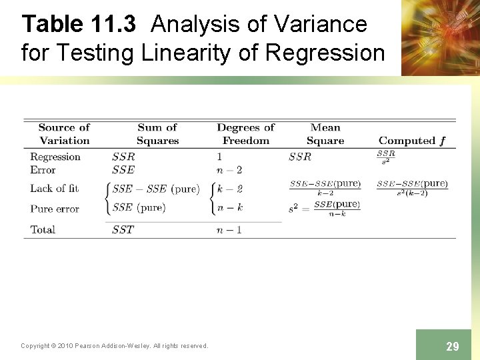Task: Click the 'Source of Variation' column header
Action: [64, 134]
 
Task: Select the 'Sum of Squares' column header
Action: [157, 134]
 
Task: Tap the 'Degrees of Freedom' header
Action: [245, 134]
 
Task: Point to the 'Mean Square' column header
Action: [325, 134]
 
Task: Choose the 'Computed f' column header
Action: [411, 141]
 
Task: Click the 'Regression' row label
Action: [55, 157]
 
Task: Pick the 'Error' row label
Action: [43, 170]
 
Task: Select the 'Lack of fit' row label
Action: [54, 189]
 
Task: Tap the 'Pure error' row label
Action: [54, 209]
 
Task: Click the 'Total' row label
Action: [43, 229]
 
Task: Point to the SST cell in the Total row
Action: [123, 229]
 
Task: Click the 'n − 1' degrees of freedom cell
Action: [229, 229]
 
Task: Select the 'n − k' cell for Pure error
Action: [231, 208]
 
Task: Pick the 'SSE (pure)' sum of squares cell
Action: [139, 207]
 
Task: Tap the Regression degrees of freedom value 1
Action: [219, 157]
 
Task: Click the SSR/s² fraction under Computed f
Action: [386, 157]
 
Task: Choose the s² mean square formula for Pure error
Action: [325, 208]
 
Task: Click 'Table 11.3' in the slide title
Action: [79, 25]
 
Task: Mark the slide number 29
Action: [452, 346]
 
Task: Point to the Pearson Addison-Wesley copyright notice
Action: [114, 345]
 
